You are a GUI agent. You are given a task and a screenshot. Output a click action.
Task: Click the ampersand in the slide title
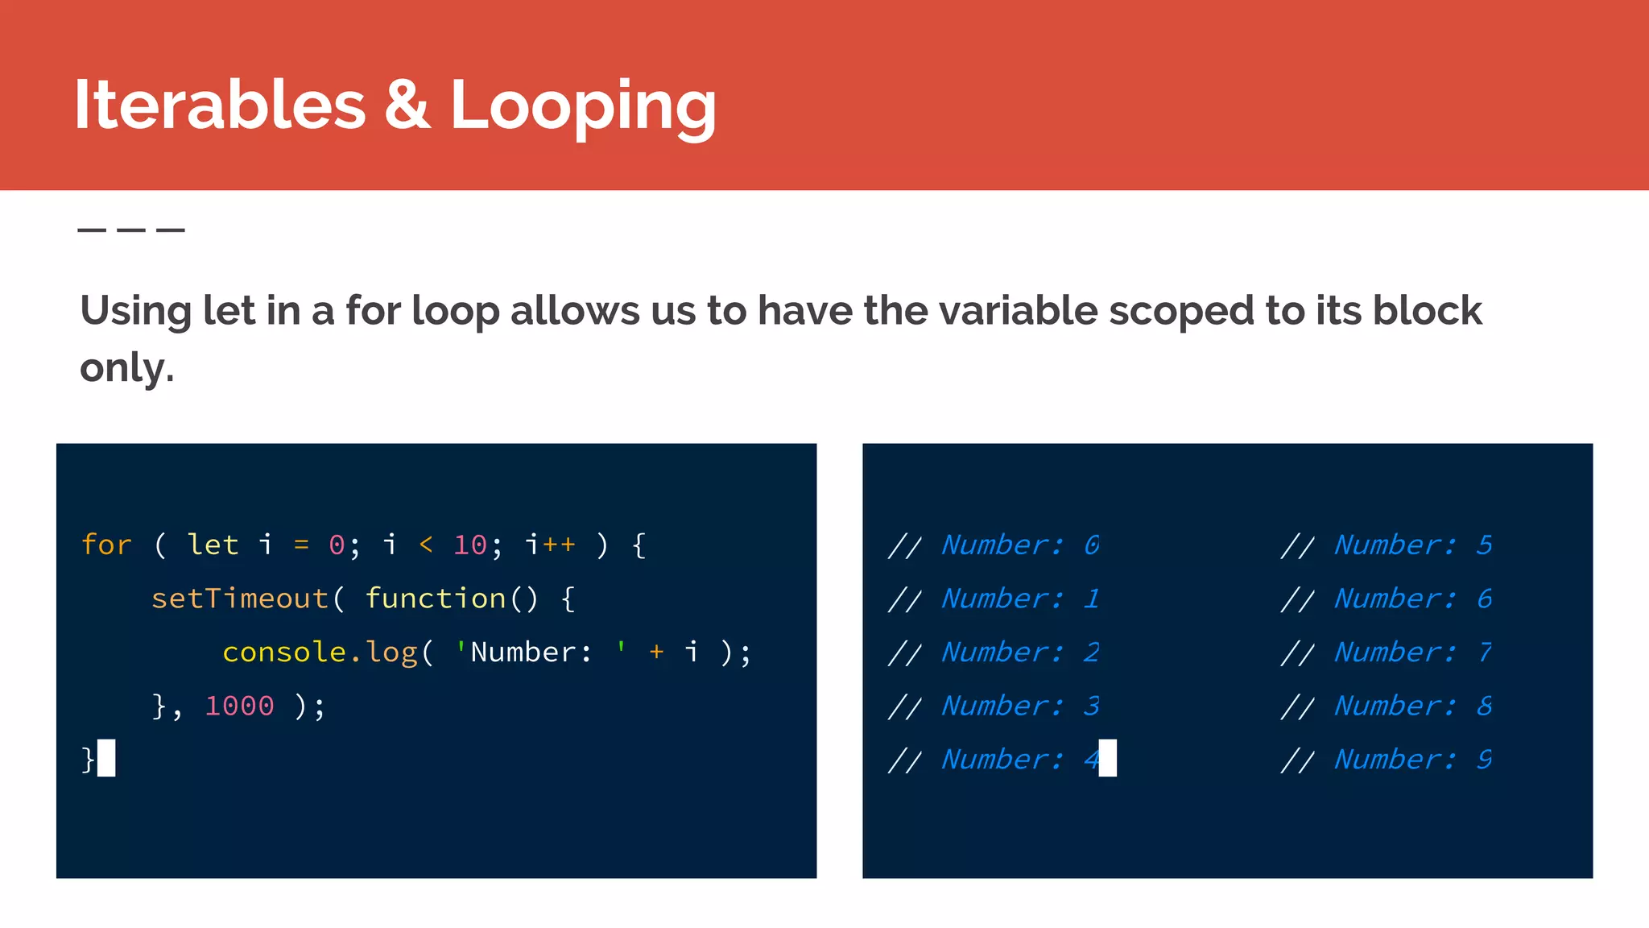[x=407, y=105]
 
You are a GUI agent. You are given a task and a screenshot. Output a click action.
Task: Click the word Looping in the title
[x=583, y=106]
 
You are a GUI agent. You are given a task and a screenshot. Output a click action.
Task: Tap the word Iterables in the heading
[x=220, y=105]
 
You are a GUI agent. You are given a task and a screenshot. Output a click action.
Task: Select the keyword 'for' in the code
[x=106, y=545]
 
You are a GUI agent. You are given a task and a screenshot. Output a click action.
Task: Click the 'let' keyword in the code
[x=213, y=545]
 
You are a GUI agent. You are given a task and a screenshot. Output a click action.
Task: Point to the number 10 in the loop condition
[x=470, y=545]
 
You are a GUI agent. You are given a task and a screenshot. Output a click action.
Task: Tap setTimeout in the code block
[x=240, y=599]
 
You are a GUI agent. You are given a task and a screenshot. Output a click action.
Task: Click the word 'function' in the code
[x=436, y=599]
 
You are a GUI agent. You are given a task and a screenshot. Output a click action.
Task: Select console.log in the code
[x=320, y=652]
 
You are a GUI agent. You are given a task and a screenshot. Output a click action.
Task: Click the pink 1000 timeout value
[x=240, y=706]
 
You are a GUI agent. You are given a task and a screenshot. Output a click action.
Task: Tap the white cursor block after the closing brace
[x=106, y=758]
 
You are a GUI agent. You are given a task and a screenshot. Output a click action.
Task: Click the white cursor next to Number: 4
[x=1108, y=758]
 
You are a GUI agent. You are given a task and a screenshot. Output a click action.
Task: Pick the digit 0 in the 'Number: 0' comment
[x=1092, y=545]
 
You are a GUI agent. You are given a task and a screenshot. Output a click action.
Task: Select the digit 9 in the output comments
[x=1485, y=759]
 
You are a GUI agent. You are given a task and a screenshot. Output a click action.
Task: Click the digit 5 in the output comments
[x=1485, y=545]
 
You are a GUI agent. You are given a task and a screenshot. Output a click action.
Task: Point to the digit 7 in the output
[x=1485, y=652]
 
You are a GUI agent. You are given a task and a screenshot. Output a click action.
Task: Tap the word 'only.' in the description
[x=127, y=368]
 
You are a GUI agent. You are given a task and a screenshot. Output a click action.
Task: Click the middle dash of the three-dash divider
[x=131, y=230]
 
